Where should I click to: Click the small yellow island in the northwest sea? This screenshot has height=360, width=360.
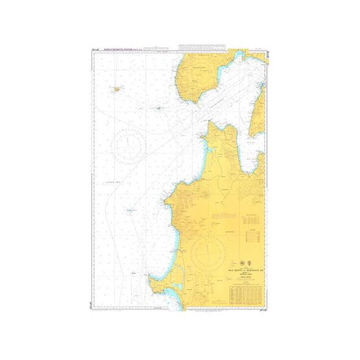(117, 89)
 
